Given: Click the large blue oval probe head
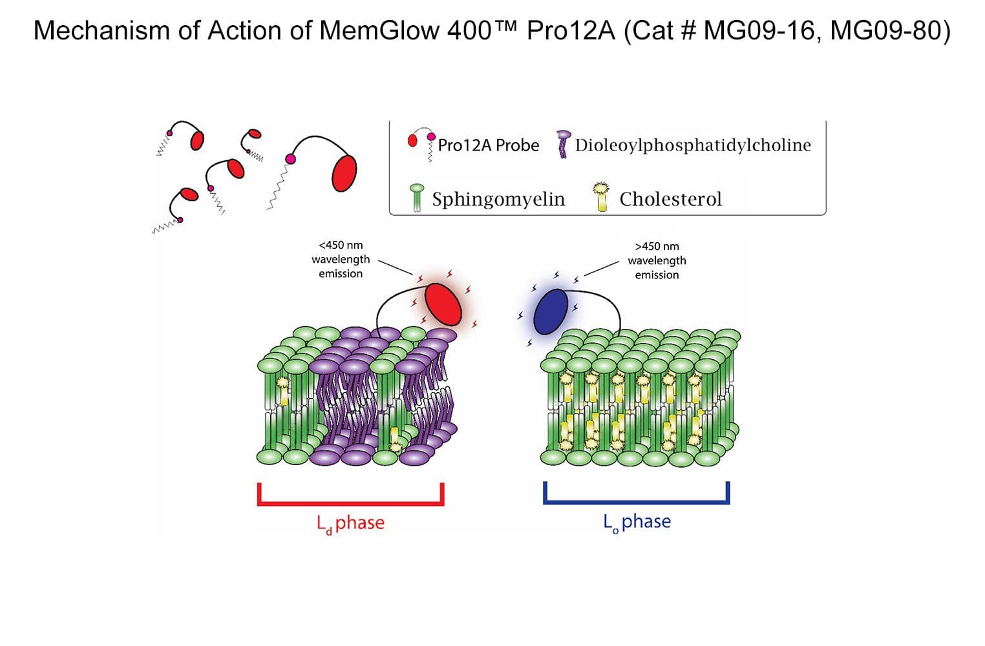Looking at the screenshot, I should (551, 311).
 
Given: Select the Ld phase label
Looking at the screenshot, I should (351, 523).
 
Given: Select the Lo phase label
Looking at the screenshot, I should (637, 521).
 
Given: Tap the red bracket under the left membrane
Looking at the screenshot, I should (350, 502).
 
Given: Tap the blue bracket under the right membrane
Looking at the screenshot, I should (637, 501).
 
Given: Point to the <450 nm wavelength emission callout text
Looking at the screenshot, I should (341, 259).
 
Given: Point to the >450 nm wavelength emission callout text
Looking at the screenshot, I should (657, 260).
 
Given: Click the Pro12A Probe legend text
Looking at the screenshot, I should (488, 145).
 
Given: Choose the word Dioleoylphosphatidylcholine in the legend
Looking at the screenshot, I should (692, 145).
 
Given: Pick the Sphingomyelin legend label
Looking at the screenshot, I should (498, 199).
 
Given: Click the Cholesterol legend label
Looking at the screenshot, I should (670, 199).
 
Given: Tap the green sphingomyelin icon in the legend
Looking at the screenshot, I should (417, 198).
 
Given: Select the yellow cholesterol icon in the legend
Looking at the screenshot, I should (602, 197).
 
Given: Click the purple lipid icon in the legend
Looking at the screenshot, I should (564, 145).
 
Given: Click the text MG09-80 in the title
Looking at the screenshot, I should (889, 30).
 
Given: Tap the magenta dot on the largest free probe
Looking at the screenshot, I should (290, 159).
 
